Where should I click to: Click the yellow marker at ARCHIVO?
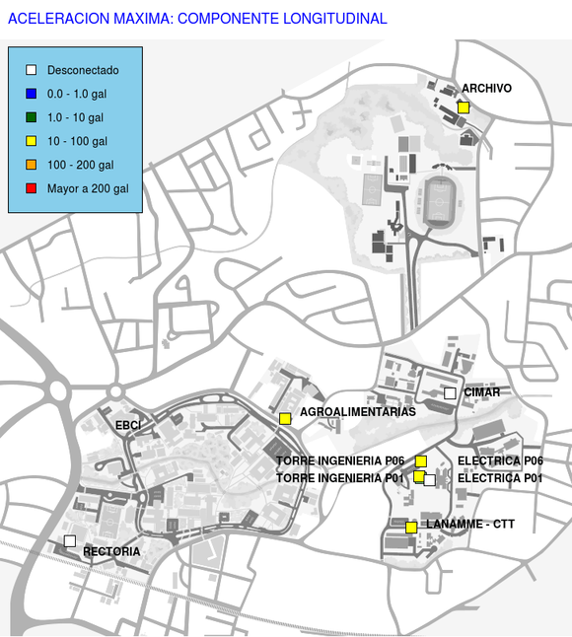464,107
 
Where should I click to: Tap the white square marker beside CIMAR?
450,393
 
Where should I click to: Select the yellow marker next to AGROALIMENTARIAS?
285,419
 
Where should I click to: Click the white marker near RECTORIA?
70,541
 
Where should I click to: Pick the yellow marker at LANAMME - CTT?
411,528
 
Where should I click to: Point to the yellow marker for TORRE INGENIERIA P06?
421,461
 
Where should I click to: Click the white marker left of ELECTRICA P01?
430,480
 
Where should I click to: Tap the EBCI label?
128,425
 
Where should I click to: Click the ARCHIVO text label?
486,88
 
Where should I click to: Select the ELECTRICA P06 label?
500,460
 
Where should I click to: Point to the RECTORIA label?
111,551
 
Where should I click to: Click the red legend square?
32,188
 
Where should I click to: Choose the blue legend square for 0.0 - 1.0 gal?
32,94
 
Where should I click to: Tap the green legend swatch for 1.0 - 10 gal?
32,117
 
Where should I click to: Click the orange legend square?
32,165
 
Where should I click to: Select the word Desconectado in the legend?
83,70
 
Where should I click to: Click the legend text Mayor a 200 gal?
88,188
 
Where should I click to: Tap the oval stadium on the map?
439,202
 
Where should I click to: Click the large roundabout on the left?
58,390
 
